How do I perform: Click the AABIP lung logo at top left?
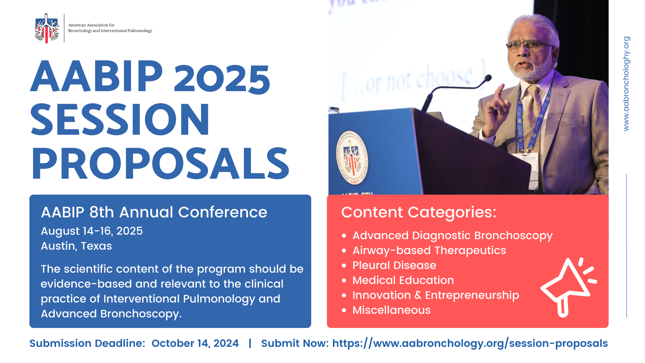[x=46, y=28]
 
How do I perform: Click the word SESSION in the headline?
[x=120, y=120]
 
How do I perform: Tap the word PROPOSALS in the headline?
[x=160, y=163]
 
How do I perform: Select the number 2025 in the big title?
[x=222, y=77]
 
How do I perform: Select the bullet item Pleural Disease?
[x=394, y=265]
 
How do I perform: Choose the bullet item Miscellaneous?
[x=391, y=310]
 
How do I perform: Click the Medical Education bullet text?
[x=403, y=280]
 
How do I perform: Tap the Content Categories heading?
[x=418, y=212]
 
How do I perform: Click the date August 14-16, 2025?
[x=92, y=231]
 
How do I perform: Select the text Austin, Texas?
[x=76, y=246]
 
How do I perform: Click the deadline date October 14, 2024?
[x=195, y=343]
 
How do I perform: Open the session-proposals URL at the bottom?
[x=470, y=343]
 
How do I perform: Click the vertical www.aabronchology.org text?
[x=626, y=84]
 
